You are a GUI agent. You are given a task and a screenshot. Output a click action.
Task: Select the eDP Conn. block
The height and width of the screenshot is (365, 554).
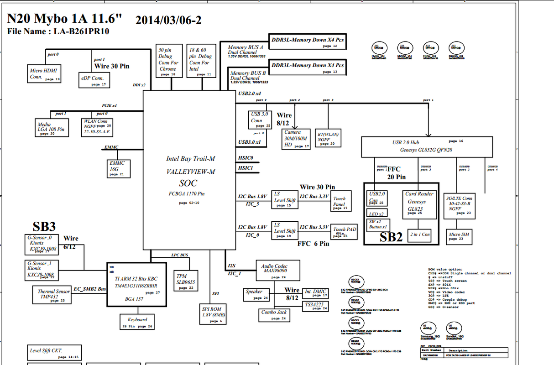(94, 80)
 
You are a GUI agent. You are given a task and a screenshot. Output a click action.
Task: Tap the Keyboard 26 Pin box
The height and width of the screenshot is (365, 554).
(137, 322)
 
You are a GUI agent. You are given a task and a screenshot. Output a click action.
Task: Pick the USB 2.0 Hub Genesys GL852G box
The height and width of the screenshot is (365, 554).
(427, 146)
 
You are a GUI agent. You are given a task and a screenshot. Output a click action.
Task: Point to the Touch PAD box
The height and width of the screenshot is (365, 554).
(344, 232)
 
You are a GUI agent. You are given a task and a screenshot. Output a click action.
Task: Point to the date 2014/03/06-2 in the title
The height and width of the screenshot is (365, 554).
(168, 20)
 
